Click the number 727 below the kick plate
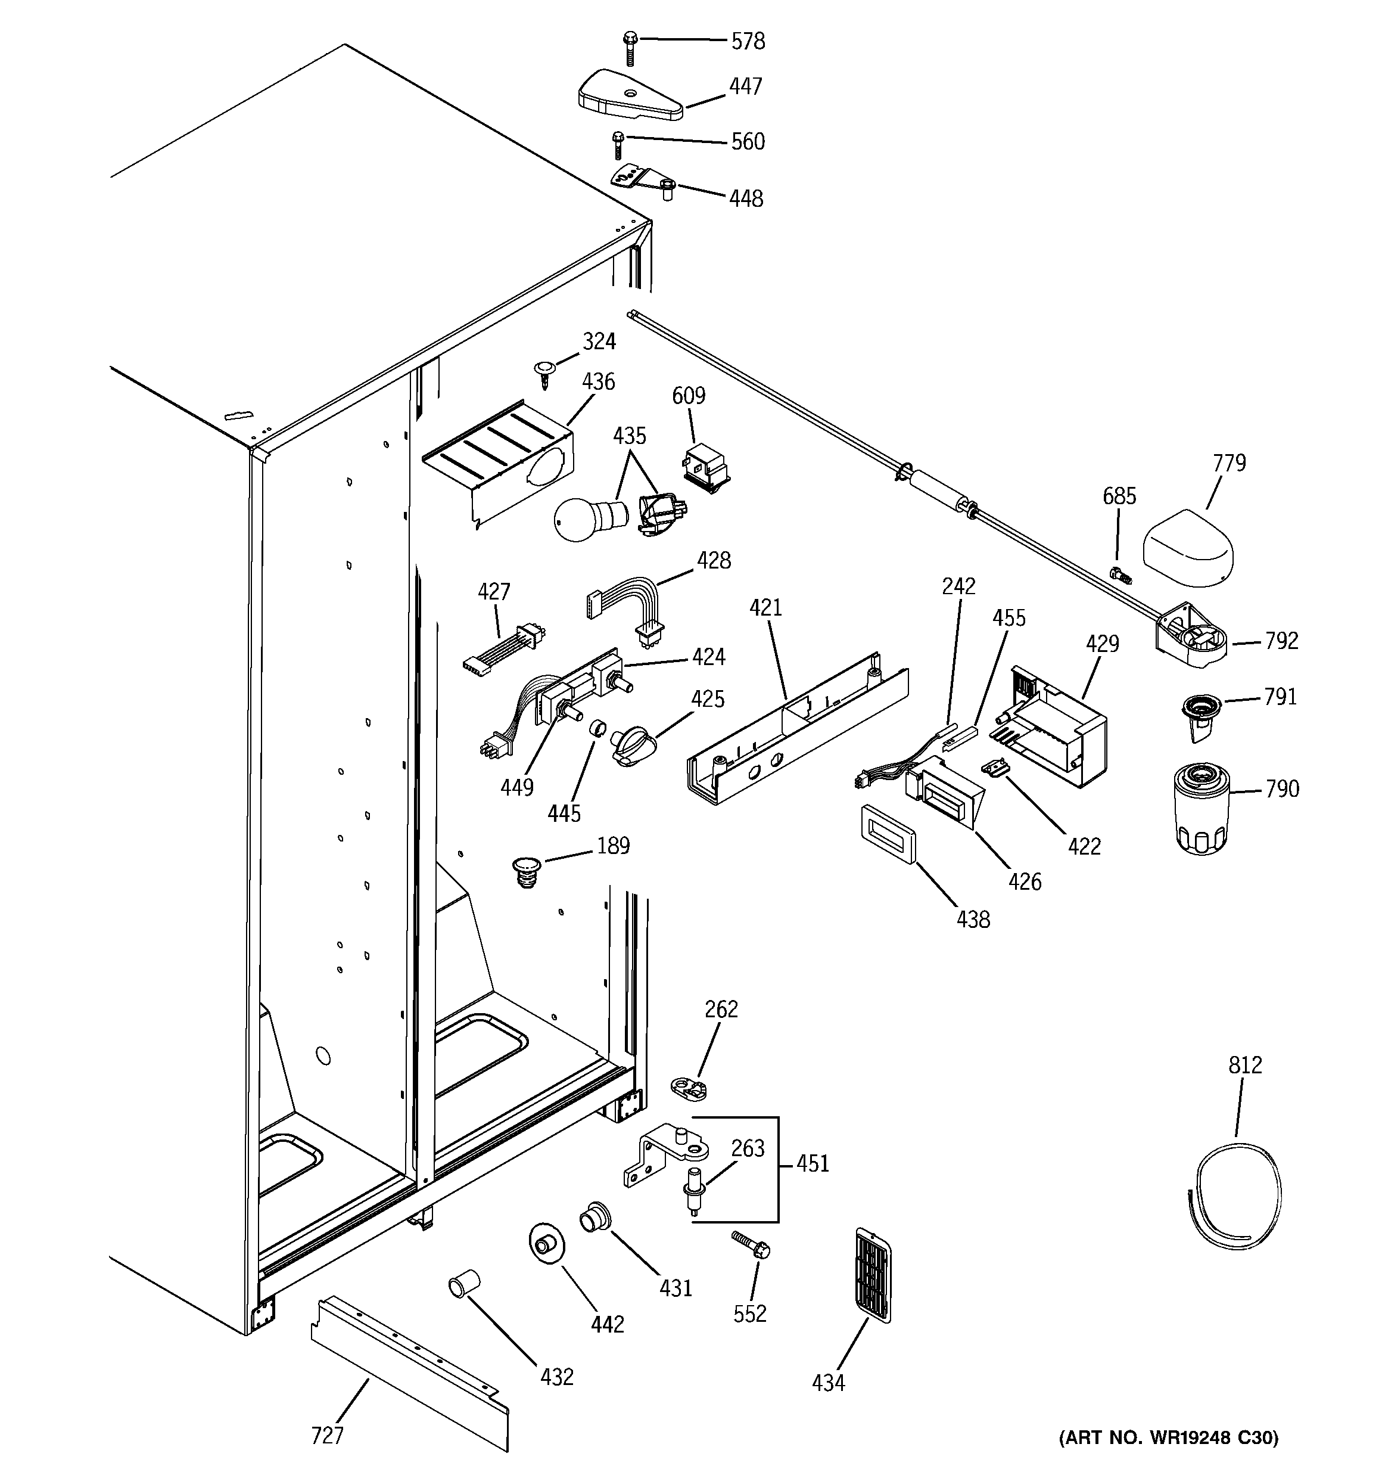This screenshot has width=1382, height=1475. (x=327, y=1434)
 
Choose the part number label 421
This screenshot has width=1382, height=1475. (x=765, y=608)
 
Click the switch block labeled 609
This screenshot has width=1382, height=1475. (x=705, y=467)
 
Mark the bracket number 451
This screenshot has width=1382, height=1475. (x=813, y=1163)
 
